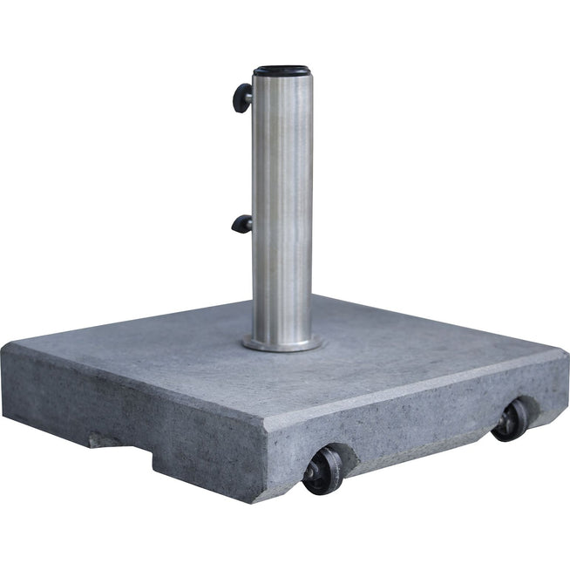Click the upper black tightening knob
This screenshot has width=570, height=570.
coord(241,97)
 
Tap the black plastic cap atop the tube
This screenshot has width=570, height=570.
coord(282,70)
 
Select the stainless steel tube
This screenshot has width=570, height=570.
coord(282,209)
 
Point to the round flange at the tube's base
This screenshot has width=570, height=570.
coord(282,343)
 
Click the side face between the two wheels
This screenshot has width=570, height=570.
coord(418,427)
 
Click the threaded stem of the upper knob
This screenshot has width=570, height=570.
coord(249,97)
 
